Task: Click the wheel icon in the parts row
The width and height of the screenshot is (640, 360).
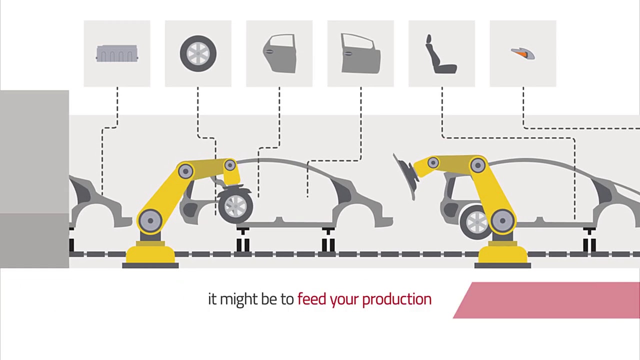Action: click(x=198, y=53)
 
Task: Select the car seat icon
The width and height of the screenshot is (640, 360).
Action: click(x=440, y=54)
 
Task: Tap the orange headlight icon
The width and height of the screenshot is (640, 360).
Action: click(x=523, y=53)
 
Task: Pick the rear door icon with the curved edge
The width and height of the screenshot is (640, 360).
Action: click(x=279, y=53)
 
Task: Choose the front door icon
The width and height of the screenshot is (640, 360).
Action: click(x=360, y=53)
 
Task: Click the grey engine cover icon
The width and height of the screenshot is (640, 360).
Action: click(x=117, y=53)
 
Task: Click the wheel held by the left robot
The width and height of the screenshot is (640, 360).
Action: click(x=235, y=206)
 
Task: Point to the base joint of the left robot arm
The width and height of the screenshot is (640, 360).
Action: click(x=150, y=220)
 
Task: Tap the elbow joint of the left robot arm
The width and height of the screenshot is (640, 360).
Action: click(x=185, y=171)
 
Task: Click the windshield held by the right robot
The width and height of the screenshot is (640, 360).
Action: click(x=405, y=176)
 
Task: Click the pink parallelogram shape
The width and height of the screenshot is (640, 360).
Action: click(x=546, y=300)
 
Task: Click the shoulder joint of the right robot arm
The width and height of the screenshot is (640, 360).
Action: click(x=477, y=165)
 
